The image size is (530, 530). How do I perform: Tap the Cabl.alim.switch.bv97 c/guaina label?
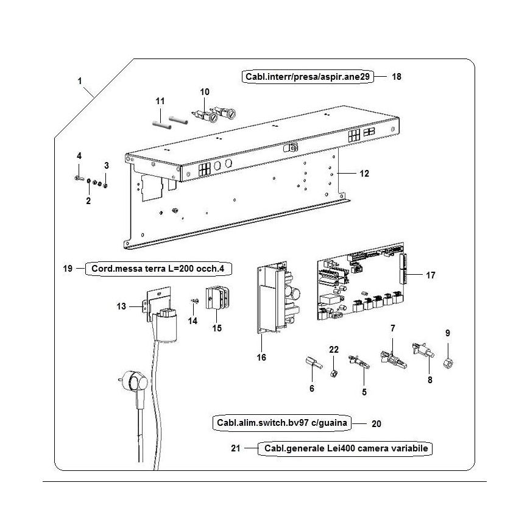pos(283,422)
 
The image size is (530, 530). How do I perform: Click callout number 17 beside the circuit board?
pos(431,275)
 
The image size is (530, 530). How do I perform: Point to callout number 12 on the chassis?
pos(364,174)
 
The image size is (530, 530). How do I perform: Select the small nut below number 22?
pos(333,372)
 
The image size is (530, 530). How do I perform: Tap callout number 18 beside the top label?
pos(397,77)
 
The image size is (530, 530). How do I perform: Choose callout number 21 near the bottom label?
pos(235,449)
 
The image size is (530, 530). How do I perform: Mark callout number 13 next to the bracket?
pos(121,306)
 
